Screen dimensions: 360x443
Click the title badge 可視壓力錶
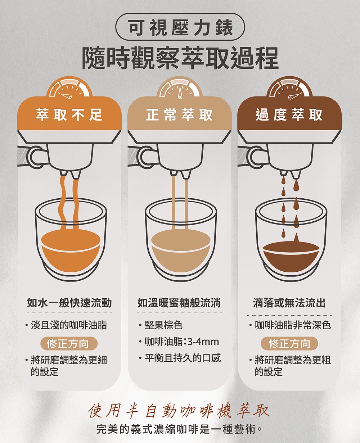click(180, 27)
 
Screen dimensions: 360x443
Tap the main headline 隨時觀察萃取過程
click(180, 58)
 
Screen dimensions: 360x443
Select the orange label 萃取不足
click(69, 114)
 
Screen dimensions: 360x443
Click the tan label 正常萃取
click(179, 114)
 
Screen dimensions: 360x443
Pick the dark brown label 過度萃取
click(289, 114)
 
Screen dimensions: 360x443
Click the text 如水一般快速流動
click(69, 303)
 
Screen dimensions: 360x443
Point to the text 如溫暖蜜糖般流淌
click(179, 303)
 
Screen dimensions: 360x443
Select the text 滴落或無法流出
click(289, 303)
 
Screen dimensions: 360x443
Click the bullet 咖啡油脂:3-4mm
click(179, 342)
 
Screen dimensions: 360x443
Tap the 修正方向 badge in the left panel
click(69, 343)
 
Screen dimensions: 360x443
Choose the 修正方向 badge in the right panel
click(289, 343)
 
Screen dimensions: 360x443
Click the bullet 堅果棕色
click(161, 325)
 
